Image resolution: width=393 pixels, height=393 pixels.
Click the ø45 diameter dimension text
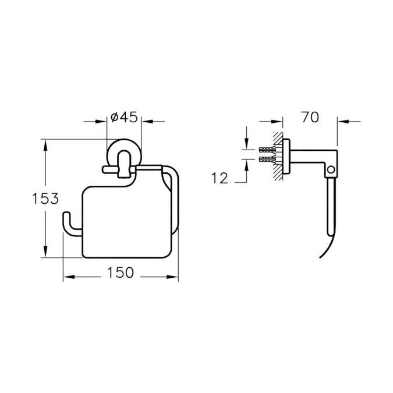(123, 117)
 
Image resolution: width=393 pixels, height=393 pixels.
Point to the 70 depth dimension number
(310, 117)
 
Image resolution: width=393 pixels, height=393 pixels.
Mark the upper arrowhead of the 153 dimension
(45, 144)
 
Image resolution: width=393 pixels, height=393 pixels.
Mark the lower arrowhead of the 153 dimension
(45, 252)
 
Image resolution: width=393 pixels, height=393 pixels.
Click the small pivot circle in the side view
(331, 169)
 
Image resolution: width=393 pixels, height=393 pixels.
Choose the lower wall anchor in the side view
(267, 158)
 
